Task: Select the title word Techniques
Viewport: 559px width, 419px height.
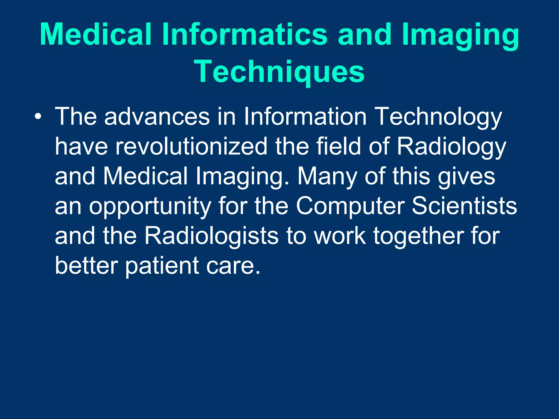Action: (279, 71)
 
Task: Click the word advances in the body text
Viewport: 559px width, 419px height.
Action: (157, 117)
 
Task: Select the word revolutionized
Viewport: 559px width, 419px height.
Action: (191, 146)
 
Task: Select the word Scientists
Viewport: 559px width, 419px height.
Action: (464, 206)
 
